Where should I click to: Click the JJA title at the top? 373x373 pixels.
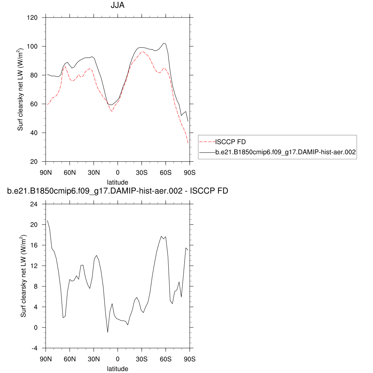117,6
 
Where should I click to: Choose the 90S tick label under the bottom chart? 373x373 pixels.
190,358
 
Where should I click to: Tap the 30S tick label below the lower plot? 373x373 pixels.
142,358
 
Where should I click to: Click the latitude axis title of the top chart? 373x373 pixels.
117,182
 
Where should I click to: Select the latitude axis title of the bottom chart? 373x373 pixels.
117,369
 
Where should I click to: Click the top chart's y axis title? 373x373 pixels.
21,89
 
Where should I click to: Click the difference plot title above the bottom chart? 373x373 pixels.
117,191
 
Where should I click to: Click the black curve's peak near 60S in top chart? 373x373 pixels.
164,43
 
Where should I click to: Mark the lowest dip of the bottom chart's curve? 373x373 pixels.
108,332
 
